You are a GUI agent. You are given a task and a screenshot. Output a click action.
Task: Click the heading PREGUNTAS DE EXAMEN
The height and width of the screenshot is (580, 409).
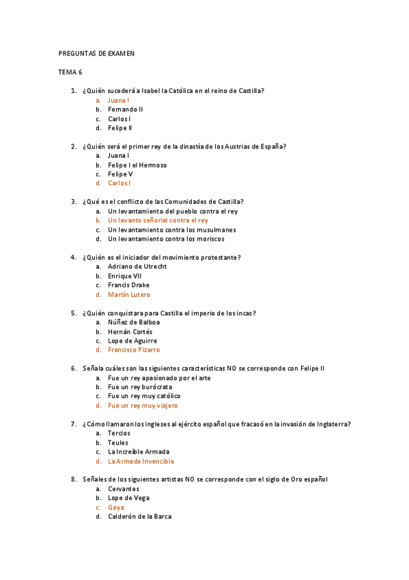[x=96, y=53]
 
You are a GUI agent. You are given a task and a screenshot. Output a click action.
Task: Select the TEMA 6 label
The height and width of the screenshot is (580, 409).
[x=71, y=72]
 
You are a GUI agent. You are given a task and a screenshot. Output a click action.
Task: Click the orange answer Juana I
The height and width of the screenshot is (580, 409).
[x=119, y=100]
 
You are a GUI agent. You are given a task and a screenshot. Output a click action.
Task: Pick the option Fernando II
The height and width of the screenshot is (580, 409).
[x=126, y=109]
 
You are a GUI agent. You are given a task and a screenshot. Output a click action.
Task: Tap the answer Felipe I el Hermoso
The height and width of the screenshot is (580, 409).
[x=137, y=165]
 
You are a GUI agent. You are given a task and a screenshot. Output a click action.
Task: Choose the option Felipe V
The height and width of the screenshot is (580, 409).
[x=121, y=174]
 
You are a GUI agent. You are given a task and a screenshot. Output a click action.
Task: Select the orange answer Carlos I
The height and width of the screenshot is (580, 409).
[x=119, y=183]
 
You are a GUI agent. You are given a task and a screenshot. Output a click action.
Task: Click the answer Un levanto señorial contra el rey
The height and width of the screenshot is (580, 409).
[x=158, y=220]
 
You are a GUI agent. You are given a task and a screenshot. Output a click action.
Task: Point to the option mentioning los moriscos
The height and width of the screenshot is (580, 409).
[x=166, y=239]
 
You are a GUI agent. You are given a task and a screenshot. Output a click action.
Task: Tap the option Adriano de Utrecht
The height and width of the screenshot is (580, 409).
[x=137, y=267]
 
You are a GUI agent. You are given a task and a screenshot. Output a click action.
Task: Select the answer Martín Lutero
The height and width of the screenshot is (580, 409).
[x=129, y=294]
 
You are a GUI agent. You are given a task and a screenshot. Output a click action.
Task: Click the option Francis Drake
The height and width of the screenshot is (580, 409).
[x=128, y=285]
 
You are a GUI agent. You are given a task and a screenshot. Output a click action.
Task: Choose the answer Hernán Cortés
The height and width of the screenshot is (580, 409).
[x=130, y=332]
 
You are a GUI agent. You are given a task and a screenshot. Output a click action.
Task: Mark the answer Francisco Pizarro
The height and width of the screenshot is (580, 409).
[x=134, y=350]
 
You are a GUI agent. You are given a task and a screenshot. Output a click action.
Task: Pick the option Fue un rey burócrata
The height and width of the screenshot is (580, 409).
[x=140, y=387]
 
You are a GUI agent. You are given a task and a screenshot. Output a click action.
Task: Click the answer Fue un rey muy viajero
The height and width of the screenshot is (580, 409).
[x=143, y=406]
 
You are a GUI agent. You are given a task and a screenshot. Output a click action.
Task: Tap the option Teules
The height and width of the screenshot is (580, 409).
[x=118, y=443]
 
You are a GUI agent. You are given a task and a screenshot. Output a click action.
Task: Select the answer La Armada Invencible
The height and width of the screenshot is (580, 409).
[x=141, y=461]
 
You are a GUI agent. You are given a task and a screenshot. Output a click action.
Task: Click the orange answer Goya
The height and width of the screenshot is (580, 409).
[x=116, y=507]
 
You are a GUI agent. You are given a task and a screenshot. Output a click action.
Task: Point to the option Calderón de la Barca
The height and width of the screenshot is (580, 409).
[x=139, y=516]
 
